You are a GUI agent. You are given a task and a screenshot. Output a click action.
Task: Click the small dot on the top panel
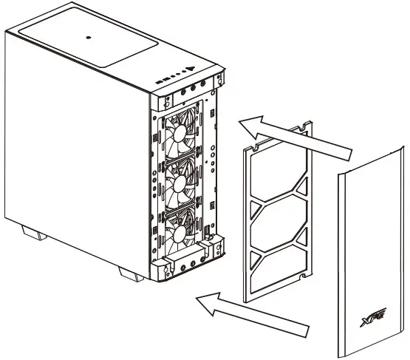click(88, 38)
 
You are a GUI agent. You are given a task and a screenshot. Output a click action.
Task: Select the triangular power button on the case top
click(190, 72)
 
